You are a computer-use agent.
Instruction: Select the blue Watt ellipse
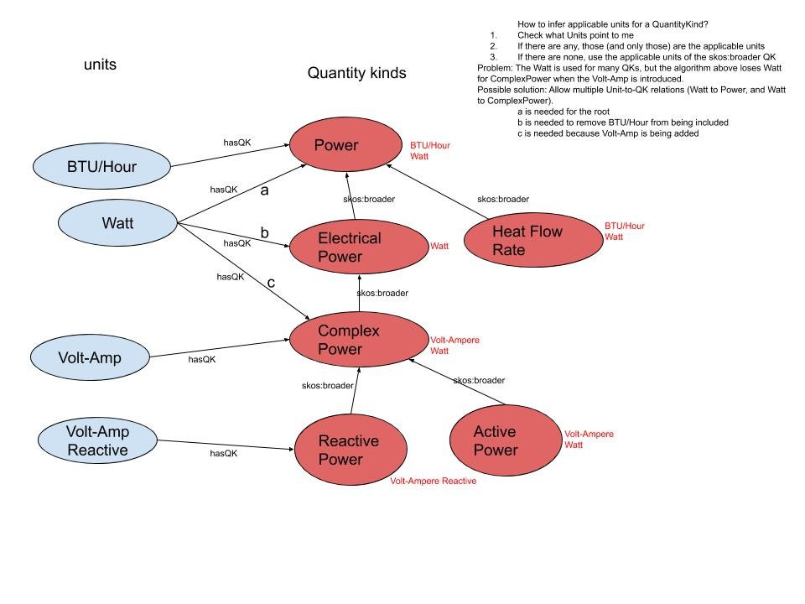pyautogui.click(x=117, y=225)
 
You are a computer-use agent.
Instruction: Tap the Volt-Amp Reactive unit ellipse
pyautogui.click(x=98, y=441)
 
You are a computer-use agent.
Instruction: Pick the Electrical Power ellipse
pyautogui.click(x=349, y=247)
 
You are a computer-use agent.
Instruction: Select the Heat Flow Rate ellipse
pyautogui.click(x=527, y=241)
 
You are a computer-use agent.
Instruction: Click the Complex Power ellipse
pyautogui.click(x=348, y=340)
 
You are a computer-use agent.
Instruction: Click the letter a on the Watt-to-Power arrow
pyautogui.click(x=266, y=191)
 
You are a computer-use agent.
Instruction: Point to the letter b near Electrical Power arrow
pyautogui.click(x=264, y=232)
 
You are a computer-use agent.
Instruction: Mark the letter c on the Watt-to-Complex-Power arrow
pyautogui.click(x=271, y=284)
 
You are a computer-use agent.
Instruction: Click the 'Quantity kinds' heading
pyautogui.click(x=356, y=74)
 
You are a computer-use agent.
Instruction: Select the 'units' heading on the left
pyautogui.click(x=100, y=65)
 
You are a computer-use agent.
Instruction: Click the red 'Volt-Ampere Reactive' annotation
pyautogui.click(x=433, y=482)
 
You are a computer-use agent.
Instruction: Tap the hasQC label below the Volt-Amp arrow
pyautogui.click(x=201, y=360)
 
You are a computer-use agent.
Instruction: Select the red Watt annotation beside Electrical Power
pyautogui.click(x=439, y=247)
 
